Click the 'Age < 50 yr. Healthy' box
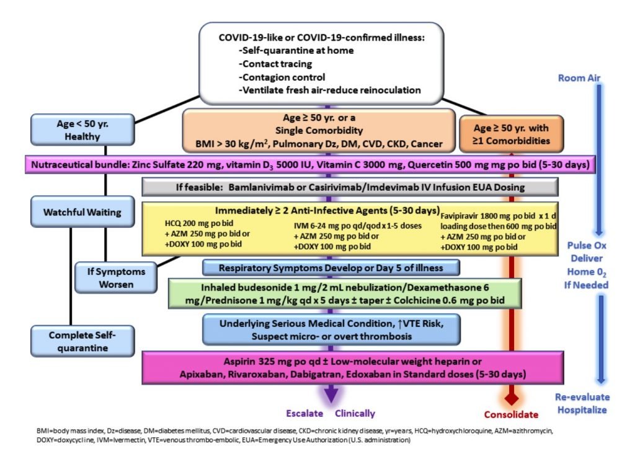[82, 130]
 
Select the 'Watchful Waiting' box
[82, 212]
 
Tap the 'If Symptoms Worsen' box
[116, 277]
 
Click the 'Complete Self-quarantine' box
[82, 341]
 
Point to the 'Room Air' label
[579, 78]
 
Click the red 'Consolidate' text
[511, 414]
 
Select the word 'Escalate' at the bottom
[304, 413]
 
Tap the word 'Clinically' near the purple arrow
[355, 414]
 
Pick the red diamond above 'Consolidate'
[512, 398]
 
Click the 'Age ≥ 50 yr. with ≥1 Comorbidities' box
[511, 134]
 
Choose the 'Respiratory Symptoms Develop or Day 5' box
[331, 268]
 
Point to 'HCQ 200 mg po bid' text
[199, 223]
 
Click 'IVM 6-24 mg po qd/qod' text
[339, 226]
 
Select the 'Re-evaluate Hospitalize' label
[582, 403]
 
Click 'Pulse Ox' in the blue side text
[587, 245]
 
